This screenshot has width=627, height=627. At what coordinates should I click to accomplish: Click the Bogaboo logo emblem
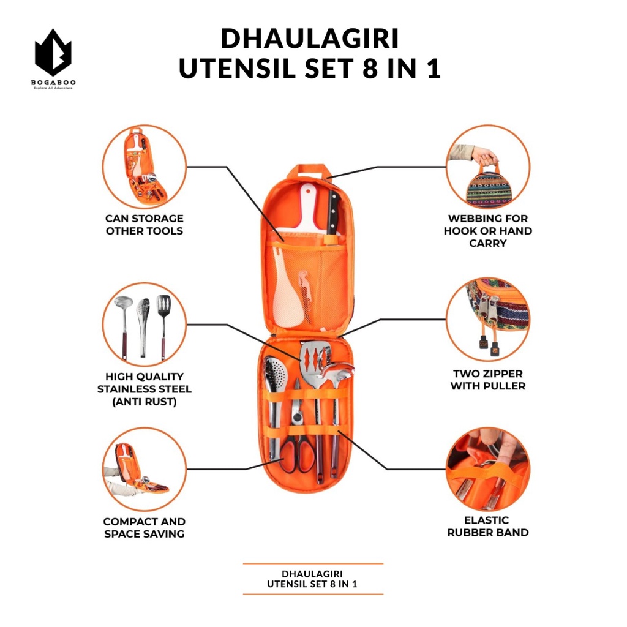point(53,54)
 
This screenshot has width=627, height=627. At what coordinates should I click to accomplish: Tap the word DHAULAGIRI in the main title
point(309,39)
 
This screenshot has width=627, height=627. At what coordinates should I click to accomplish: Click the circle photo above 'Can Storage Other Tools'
point(144,166)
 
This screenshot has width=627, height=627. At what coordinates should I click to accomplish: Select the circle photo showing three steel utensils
point(144,325)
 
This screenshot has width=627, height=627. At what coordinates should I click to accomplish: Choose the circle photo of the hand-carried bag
point(487,167)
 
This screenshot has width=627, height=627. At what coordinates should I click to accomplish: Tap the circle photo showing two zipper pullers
point(487,319)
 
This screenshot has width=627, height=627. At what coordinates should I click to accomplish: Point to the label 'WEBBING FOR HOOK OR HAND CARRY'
point(487,231)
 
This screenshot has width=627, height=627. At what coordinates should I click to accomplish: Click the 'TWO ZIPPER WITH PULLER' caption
point(487,380)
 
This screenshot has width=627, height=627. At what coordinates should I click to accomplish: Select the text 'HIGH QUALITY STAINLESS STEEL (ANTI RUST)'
point(144,389)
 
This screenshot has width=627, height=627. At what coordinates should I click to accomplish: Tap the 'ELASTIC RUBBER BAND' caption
point(487,526)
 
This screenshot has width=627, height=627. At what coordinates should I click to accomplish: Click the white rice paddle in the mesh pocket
point(290,300)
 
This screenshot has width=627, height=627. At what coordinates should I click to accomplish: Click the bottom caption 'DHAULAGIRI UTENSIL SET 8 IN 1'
point(312,579)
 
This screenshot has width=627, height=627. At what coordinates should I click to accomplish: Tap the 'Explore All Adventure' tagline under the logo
point(53,88)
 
